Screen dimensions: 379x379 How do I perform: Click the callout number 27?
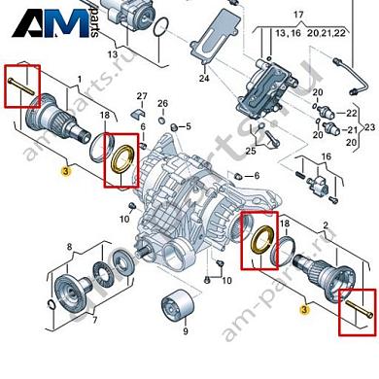pyautogui.click(x=141, y=95)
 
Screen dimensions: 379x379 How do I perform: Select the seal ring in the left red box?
pyautogui.click(x=123, y=157)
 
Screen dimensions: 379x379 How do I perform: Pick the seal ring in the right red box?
pyautogui.click(x=258, y=239)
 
